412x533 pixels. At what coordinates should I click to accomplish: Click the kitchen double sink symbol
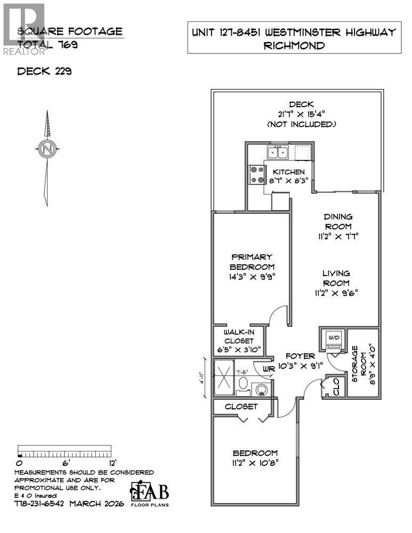point(278,153)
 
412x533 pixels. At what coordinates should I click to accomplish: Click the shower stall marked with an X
point(223,378)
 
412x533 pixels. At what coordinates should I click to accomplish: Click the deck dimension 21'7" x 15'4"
point(301,114)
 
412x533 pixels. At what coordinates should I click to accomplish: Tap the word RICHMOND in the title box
point(295,46)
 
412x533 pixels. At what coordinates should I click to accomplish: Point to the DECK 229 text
point(45,71)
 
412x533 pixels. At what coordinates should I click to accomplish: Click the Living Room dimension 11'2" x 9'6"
point(335,292)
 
